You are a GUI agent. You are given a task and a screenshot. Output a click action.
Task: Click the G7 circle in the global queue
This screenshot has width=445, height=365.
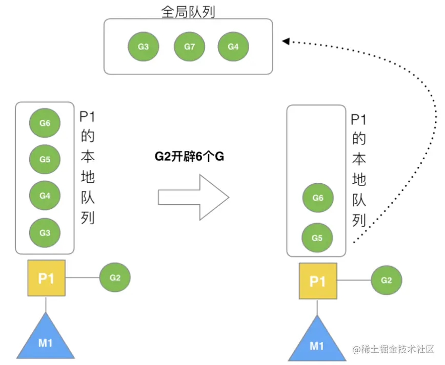(x=189, y=47)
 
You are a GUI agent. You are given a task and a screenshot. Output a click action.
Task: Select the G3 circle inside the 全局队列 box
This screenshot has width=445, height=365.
(x=144, y=47)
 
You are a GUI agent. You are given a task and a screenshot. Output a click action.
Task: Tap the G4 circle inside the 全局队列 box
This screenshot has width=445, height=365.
(x=233, y=47)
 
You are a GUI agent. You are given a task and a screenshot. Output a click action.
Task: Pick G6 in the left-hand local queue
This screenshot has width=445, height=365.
(x=45, y=123)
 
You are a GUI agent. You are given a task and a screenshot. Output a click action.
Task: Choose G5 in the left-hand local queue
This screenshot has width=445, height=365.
(x=45, y=160)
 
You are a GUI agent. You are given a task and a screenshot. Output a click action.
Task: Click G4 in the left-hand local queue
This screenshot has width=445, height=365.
(x=45, y=196)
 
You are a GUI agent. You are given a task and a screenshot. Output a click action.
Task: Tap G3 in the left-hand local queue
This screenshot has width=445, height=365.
(x=45, y=233)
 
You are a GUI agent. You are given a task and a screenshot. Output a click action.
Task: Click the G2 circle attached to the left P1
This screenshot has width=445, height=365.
(x=115, y=277)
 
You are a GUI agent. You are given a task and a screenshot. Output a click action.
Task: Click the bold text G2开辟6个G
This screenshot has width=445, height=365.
(x=190, y=157)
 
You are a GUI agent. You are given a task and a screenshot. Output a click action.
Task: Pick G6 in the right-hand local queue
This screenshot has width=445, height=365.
(x=317, y=198)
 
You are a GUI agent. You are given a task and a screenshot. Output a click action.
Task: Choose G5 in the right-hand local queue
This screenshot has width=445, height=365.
(x=317, y=238)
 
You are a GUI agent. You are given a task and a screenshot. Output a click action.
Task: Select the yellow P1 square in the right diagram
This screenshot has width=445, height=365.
(x=318, y=281)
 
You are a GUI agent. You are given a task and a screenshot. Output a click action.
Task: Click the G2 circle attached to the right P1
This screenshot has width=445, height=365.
(x=387, y=281)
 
